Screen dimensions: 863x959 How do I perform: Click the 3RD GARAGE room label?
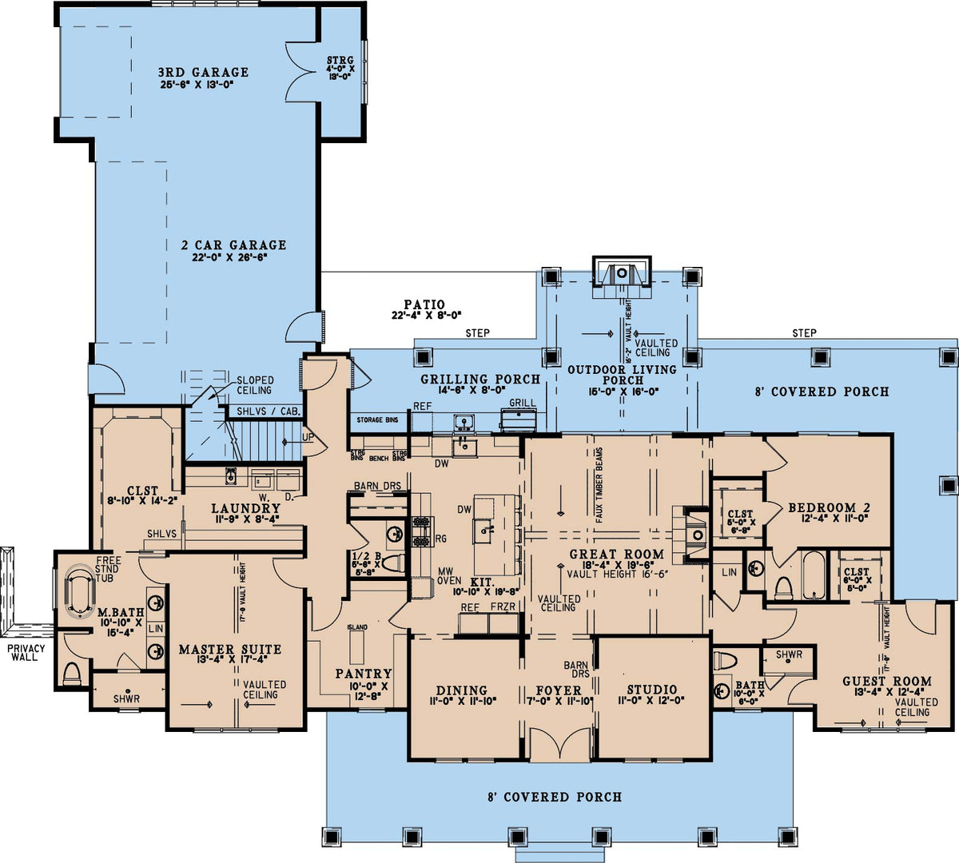pyautogui.click(x=203, y=72)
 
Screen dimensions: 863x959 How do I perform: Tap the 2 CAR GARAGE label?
pyautogui.click(x=233, y=245)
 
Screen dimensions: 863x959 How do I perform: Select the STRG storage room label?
pyautogui.click(x=340, y=61)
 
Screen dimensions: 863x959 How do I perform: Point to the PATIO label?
pyautogui.click(x=424, y=304)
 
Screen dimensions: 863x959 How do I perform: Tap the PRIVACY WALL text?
pyautogui.click(x=26, y=652)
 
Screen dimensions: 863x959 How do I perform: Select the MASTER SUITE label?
pyautogui.click(x=229, y=650)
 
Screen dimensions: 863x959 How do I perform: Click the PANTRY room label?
pyautogui.click(x=364, y=674)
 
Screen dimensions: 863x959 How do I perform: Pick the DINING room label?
pyautogui.click(x=462, y=690)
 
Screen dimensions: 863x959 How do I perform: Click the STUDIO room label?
pyautogui.click(x=651, y=690)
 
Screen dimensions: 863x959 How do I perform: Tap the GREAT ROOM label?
pyautogui.click(x=616, y=554)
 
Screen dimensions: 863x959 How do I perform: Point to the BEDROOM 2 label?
pyautogui.click(x=828, y=507)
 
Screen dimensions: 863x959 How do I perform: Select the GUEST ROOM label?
pyautogui.click(x=887, y=682)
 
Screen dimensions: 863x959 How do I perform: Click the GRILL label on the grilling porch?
pyautogui.click(x=523, y=404)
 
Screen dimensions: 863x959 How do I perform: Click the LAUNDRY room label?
pyautogui.click(x=245, y=508)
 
